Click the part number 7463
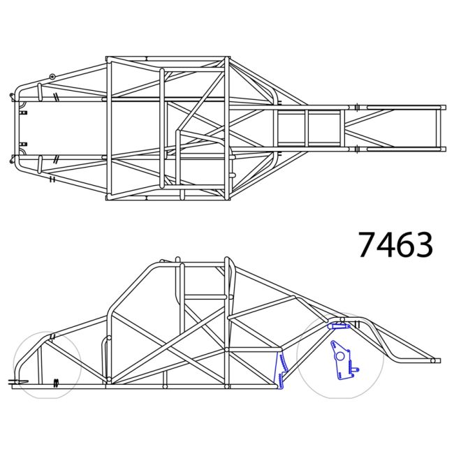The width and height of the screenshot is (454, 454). (x=395, y=244)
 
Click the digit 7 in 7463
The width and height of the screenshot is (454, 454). (x=369, y=244)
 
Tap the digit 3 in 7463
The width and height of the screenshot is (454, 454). (x=422, y=244)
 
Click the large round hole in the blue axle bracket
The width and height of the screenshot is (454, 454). (x=340, y=356)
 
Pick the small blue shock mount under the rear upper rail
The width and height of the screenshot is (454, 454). (x=338, y=325)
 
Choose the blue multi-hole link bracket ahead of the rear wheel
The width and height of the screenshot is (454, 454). (x=282, y=370)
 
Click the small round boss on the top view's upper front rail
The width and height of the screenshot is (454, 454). (x=52, y=76)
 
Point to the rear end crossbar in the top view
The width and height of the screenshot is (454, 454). (x=440, y=127)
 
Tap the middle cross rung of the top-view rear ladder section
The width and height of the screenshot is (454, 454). (x=307, y=127)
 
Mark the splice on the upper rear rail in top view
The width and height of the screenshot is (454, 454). (x=356, y=107)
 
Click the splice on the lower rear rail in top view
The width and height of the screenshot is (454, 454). (x=356, y=148)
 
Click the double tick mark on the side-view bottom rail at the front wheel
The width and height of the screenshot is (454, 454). (x=56, y=382)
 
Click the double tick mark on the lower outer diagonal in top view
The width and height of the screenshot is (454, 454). (x=52, y=180)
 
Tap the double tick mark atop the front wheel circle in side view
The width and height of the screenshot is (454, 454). (x=50, y=338)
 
